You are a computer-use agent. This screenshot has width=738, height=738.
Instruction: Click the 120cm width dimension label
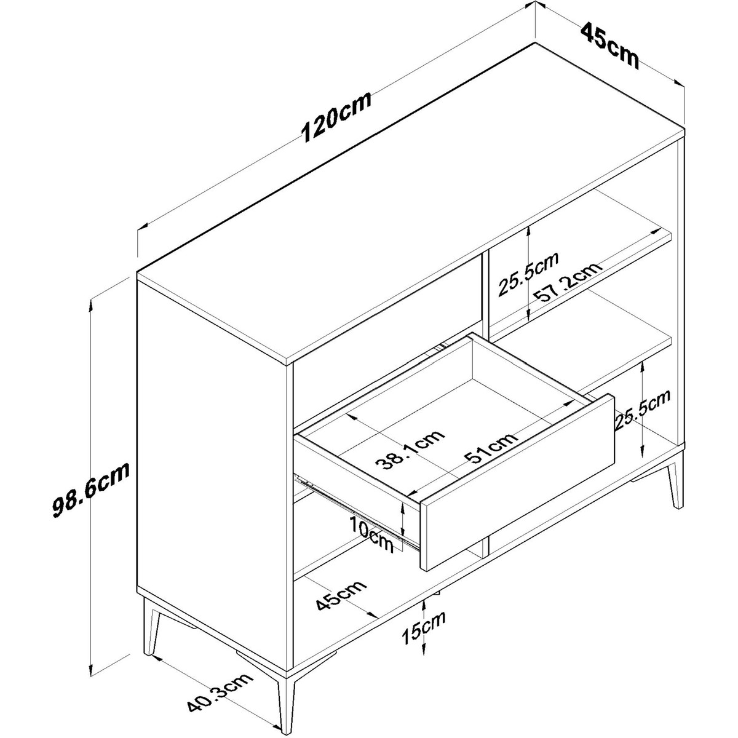(336, 117)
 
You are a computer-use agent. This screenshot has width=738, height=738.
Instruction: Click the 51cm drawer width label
(491, 448)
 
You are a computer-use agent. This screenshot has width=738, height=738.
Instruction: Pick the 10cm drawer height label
(372, 533)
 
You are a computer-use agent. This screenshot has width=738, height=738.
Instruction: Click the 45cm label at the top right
(609, 46)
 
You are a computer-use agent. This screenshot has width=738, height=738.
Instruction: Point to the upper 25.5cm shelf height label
(528, 274)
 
